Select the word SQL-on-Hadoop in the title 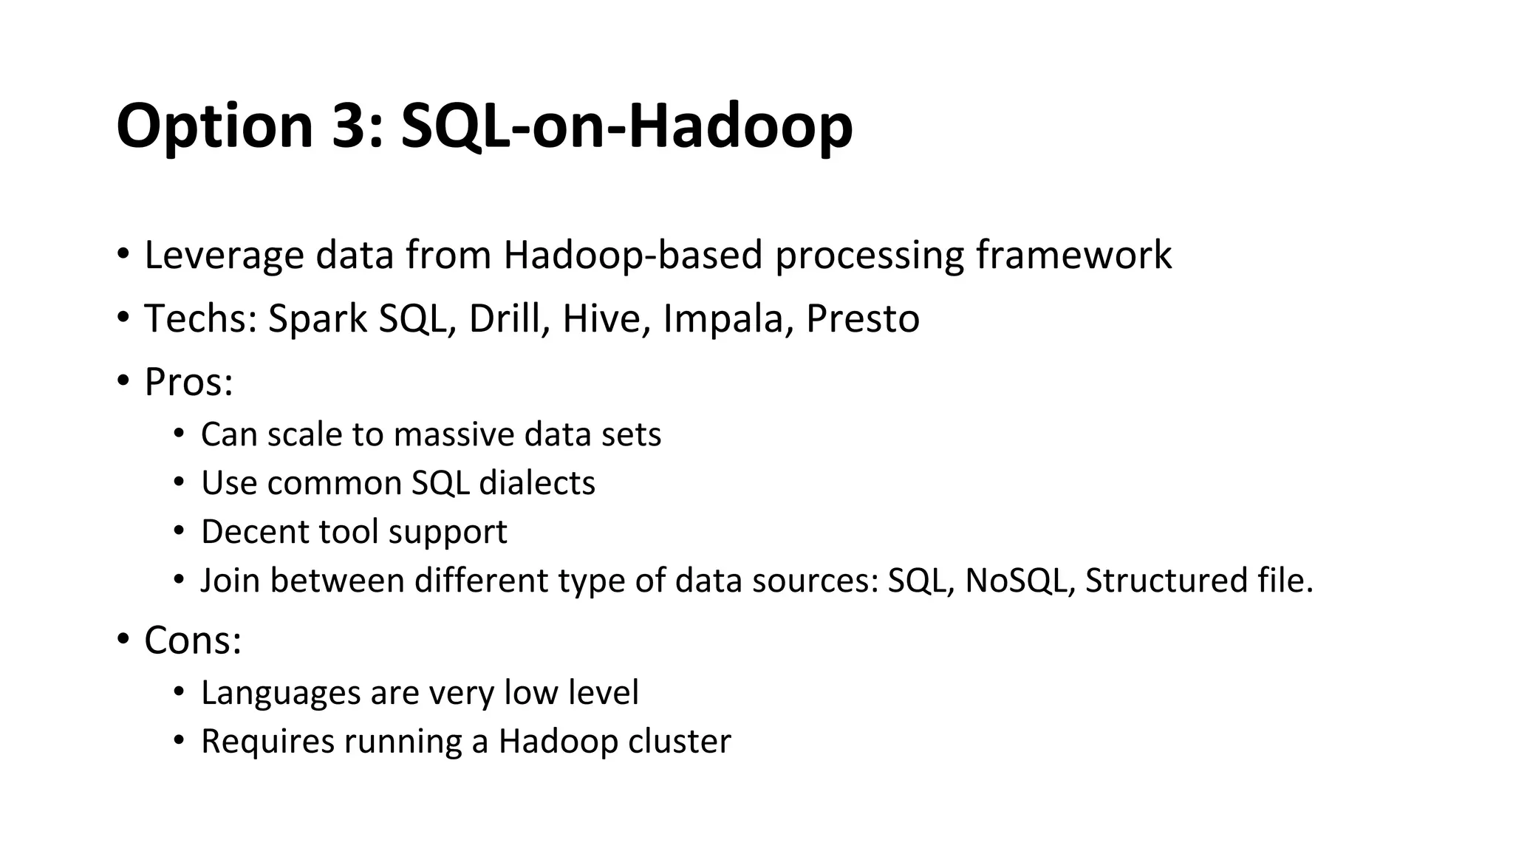626,126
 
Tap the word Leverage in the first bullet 224,256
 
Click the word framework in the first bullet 1073,256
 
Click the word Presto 862,319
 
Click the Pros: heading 188,383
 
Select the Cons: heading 193,640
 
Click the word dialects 537,483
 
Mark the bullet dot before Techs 123,318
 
